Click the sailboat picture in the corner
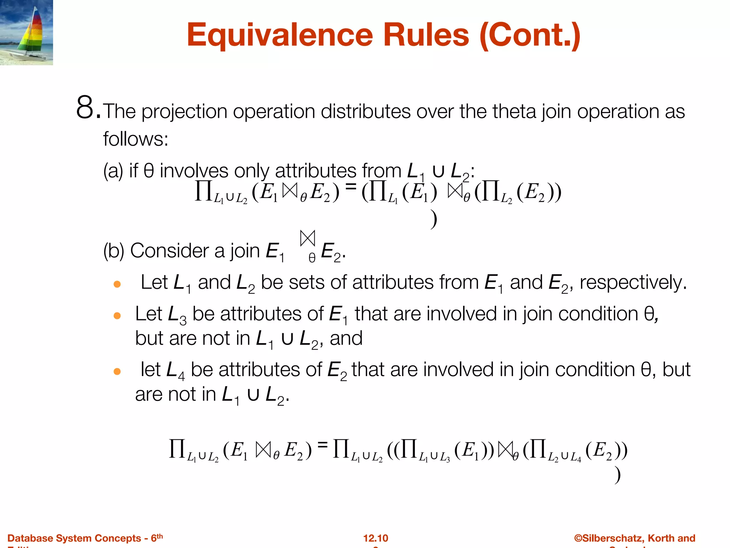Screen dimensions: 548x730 (26, 32)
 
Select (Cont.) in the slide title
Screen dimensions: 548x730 (530, 36)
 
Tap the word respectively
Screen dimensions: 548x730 (633, 283)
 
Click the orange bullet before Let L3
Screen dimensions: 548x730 (117, 316)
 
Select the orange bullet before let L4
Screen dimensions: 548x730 (117, 372)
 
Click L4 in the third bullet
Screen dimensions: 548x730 (176, 371)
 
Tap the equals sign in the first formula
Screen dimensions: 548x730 (351, 186)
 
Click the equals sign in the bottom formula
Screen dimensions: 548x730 (322, 445)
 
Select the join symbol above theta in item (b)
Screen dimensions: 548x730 (308, 238)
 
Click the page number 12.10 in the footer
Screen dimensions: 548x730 (375, 538)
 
